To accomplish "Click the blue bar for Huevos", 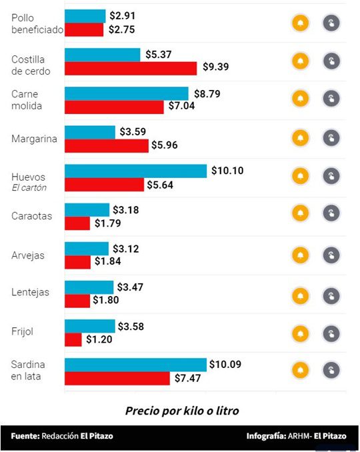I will click(x=135, y=171).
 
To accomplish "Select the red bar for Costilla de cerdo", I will click(x=131, y=68).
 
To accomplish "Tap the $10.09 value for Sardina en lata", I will click(x=227, y=364).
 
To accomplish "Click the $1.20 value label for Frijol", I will click(x=99, y=339).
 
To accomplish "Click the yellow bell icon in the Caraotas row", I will click(x=301, y=213).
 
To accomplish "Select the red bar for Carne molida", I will click(x=114, y=107).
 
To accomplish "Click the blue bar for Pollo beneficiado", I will click(x=85, y=16).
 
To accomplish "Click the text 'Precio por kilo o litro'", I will click(x=181, y=410).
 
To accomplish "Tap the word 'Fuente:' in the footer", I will click(x=25, y=436).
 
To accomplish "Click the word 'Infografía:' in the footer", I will click(x=265, y=436).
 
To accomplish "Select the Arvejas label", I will click(x=28, y=255).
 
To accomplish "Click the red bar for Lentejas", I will click(x=77, y=301).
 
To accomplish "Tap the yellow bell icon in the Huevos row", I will click(x=301, y=176).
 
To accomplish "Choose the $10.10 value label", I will click(x=227, y=171).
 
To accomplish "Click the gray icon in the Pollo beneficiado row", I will click(x=331, y=23).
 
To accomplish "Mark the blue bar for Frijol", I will click(x=89, y=326).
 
